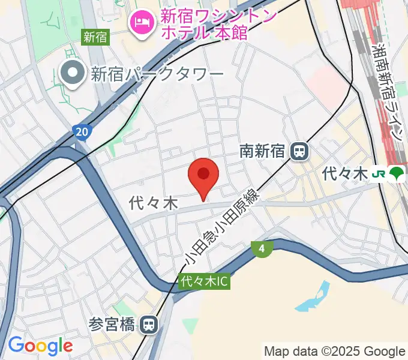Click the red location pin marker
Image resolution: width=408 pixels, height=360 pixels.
click(x=203, y=175)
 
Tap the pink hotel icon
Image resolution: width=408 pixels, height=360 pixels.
click(x=141, y=23)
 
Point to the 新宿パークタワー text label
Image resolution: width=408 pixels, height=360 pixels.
click(x=157, y=74)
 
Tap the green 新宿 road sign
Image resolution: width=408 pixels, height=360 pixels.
click(x=95, y=37)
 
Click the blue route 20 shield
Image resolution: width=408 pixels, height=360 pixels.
click(x=82, y=131)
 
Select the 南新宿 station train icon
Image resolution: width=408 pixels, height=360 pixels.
click(x=298, y=151)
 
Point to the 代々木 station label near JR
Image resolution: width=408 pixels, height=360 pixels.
click(x=344, y=174)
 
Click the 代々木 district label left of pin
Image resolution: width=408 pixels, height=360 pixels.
click(x=154, y=204)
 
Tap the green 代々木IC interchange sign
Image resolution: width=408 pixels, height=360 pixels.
click(x=203, y=281)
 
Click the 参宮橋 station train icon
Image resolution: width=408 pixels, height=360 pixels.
click(x=149, y=325)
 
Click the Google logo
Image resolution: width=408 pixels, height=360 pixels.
click(x=40, y=346)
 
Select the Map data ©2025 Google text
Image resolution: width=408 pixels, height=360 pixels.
click(x=335, y=351)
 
